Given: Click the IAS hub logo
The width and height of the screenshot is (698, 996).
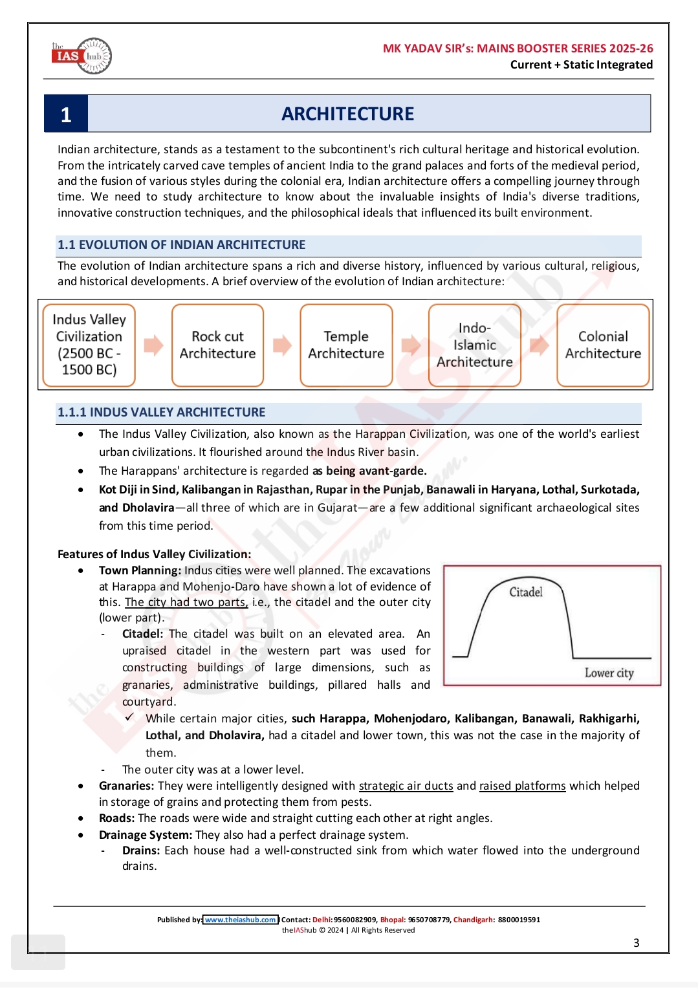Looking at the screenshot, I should pos(82,56).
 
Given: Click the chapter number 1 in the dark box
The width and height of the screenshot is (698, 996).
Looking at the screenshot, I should pos(66,114).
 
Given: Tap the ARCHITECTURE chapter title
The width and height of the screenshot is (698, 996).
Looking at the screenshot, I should pos(347,114).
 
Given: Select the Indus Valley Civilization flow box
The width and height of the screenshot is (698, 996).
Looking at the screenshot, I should pos(89,345).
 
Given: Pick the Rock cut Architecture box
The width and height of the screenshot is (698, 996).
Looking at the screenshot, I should pos(217,345).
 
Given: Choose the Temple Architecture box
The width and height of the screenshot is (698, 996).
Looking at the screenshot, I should pos(346,345).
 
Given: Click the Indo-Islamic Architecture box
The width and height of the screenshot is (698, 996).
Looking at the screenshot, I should pos(474,345).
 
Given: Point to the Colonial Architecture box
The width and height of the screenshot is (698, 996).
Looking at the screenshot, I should pos(603,345).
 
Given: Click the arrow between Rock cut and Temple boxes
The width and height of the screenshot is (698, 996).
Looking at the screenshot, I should pos(282,345).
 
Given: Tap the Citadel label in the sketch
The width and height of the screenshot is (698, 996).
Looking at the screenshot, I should pos(525,592).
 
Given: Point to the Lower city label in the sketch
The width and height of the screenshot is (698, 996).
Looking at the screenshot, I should pos(609,673).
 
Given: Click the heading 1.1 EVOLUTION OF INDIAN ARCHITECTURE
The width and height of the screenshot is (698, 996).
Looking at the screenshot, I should pos(182,245).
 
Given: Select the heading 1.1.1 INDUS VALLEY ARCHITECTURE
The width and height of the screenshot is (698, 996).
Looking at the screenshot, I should pos(162,413).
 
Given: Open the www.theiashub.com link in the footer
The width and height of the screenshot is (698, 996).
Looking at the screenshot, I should pos(241,920).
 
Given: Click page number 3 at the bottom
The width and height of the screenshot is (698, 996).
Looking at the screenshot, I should pos(636,943).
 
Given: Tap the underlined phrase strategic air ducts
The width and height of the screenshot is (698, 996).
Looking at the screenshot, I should pos(406,786).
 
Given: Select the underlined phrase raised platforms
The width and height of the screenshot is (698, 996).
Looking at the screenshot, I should pos(522,786).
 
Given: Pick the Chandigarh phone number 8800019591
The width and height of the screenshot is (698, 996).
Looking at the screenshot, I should pos(519,920).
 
